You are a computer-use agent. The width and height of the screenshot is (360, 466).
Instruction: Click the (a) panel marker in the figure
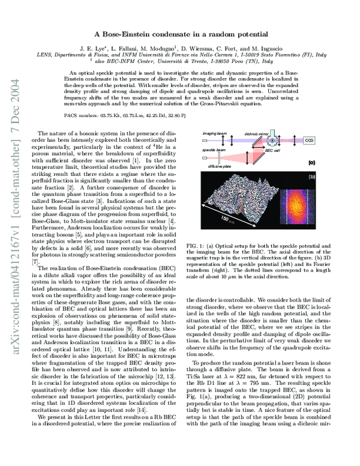click(x=311, y=162)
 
